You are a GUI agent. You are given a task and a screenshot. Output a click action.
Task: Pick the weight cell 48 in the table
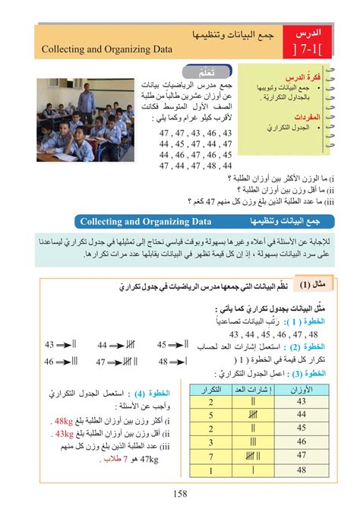point(301,469)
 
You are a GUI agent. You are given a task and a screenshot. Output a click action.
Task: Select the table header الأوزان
point(300,390)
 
